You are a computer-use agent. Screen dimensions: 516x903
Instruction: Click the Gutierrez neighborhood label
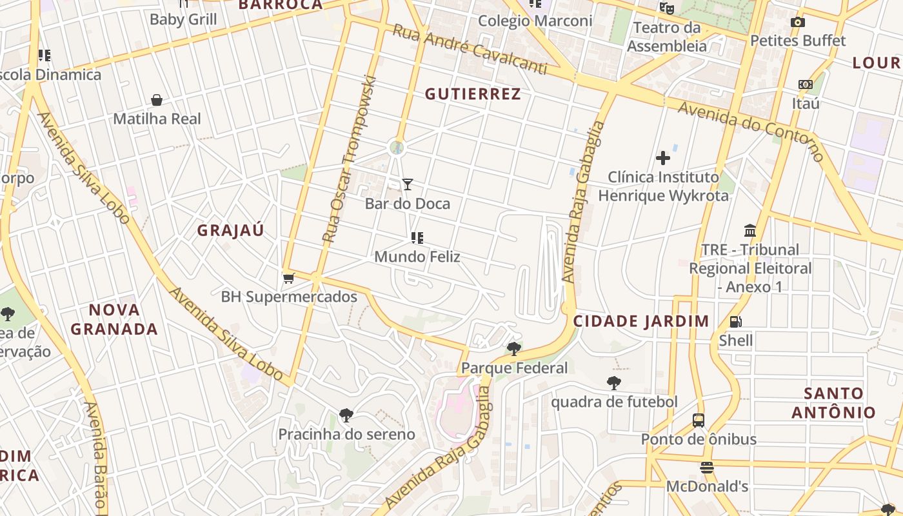(x=473, y=94)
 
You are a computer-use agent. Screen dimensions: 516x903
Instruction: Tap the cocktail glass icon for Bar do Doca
(x=408, y=184)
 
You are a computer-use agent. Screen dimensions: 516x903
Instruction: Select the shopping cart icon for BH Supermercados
(x=289, y=278)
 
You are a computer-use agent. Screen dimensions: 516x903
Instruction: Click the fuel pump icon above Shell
(x=735, y=321)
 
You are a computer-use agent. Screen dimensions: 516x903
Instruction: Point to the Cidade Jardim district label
(x=641, y=321)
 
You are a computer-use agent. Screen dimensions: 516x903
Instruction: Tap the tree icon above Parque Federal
(x=514, y=349)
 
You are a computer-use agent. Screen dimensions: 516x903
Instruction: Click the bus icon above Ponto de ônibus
(x=699, y=421)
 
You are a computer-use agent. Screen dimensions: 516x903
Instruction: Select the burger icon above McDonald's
(x=707, y=468)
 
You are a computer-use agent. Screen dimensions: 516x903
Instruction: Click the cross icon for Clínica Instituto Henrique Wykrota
(x=663, y=158)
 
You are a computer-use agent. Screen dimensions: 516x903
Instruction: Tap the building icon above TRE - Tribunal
(x=750, y=230)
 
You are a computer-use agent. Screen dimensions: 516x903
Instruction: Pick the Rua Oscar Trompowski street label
(x=349, y=159)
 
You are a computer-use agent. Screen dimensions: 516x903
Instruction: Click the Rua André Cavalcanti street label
(x=470, y=50)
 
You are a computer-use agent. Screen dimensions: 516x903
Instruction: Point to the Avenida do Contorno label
(x=751, y=131)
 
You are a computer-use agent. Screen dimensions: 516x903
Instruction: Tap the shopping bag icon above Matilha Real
(x=157, y=100)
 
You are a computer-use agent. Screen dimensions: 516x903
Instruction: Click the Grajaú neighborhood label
(x=230, y=231)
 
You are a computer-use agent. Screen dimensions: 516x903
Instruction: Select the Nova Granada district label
(x=114, y=319)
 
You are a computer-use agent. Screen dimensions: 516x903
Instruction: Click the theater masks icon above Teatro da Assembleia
(x=666, y=8)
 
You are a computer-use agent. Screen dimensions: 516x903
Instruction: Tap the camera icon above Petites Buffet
(x=798, y=23)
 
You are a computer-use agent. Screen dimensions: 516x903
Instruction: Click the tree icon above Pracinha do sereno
(x=346, y=415)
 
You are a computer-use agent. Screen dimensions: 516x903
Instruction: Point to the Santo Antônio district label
(x=833, y=402)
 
